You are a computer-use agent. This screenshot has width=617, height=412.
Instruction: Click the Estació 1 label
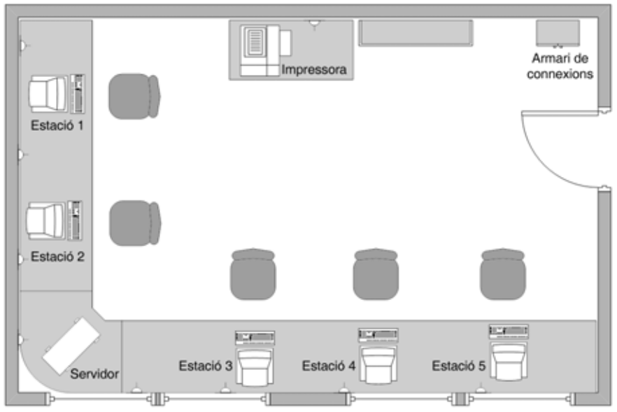57,125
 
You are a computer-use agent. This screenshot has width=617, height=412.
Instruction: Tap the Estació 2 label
57,257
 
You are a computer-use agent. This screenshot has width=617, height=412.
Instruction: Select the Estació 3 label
206,366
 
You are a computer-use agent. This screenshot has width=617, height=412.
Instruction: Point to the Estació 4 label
329,366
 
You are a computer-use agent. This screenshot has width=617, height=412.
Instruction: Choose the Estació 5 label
458,366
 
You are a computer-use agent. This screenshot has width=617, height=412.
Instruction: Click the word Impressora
313,70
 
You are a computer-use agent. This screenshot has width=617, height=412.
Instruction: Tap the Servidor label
94,374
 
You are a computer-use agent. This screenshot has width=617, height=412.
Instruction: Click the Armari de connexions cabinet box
558,34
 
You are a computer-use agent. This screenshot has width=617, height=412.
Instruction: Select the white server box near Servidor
71,346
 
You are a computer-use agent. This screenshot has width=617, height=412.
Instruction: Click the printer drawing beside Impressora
266,50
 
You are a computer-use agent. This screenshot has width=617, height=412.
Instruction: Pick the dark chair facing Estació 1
134,97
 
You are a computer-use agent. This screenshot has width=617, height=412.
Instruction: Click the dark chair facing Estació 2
135,223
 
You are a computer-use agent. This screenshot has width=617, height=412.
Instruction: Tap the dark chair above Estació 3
253,274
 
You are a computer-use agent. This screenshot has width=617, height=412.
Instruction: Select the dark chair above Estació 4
376,274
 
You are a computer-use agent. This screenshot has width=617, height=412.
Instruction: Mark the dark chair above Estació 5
503,274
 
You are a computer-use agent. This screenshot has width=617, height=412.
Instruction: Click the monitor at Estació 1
48,94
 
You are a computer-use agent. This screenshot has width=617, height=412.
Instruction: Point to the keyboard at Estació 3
255,338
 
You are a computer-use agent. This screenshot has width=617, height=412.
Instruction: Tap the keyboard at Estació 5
509,332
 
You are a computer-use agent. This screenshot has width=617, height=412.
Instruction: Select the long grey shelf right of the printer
416,34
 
